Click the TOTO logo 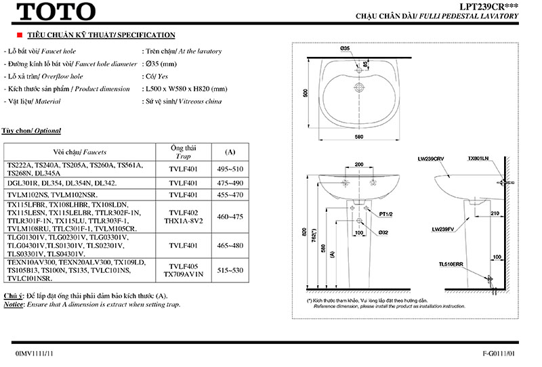point(56,12)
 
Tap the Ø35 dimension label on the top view point(344,49)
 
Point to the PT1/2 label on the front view point(386,213)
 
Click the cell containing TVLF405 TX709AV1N point(184,270)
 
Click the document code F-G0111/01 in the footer point(502,353)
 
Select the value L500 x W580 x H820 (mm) point(184,89)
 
